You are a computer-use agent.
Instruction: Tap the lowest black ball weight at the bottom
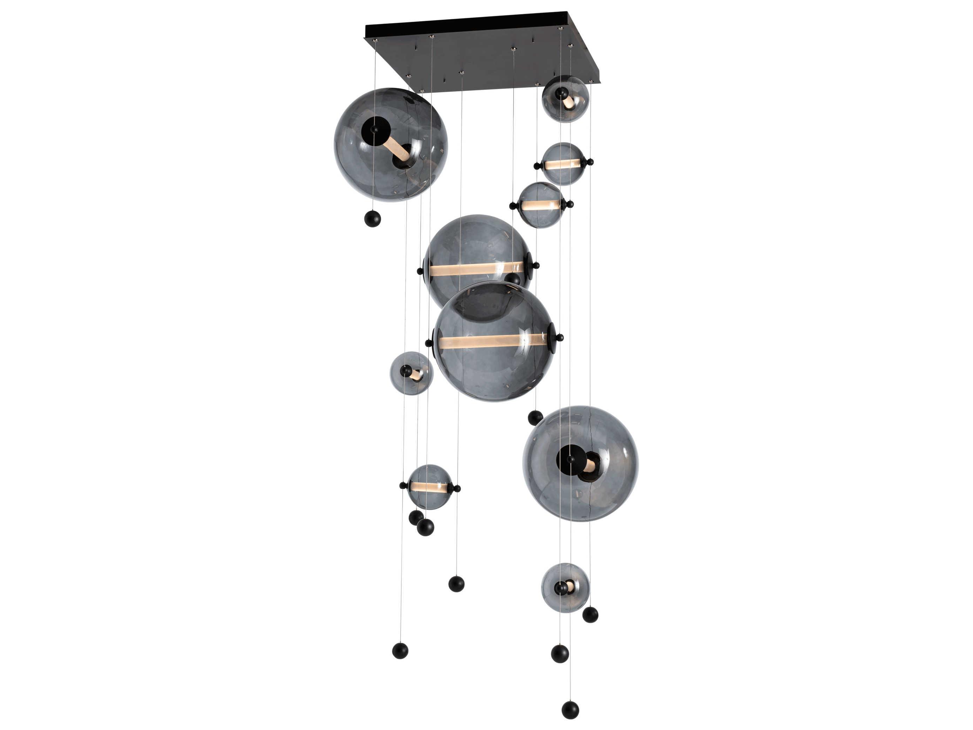click(570, 710)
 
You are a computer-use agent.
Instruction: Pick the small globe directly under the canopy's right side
click(565, 99)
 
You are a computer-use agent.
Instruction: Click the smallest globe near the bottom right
click(565, 588)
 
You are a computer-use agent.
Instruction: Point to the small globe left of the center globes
click(411, 373)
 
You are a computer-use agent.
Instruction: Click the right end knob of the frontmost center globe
click(560, 338)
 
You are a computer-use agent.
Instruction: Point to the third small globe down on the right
click(541, 205)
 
